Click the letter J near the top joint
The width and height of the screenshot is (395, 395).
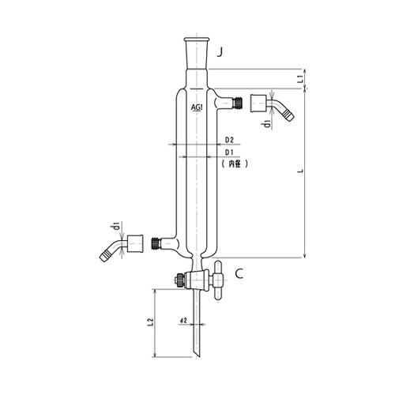pos(220,53)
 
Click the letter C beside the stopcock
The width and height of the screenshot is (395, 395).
pos(239,274)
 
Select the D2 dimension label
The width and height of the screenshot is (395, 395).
pos(229,140)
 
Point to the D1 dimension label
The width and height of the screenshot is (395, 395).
pos(229,152)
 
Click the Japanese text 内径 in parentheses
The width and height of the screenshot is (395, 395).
pos(235,164)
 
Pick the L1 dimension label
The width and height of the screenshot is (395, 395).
pos(299,79)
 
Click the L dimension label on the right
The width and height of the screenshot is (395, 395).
pos(300,171)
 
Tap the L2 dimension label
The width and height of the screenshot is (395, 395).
pos(150,322)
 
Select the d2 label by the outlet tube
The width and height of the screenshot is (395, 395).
pos(183,321)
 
